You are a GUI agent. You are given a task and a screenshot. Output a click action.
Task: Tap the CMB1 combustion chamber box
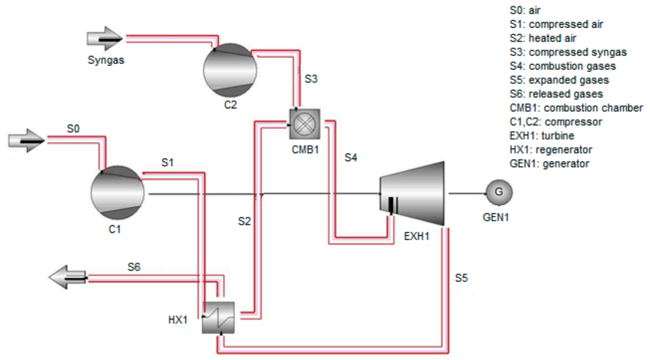pyautogui.click(x=304, y=123)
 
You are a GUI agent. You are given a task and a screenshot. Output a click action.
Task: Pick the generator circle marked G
pyautogui.click(x=498, y=192)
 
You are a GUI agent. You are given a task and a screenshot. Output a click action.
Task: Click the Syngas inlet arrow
pyautogui.click(x=104, y=39)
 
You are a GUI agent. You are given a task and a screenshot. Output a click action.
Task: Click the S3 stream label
pyautogui.click(x=311, y=79)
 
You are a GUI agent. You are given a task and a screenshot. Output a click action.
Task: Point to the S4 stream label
pyautogui.click(x=350, y=158)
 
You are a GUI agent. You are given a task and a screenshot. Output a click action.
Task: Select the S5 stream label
pyautogui.click(x=462, y=277)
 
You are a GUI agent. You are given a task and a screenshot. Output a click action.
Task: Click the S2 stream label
pyautogui.click(x=244, y=221)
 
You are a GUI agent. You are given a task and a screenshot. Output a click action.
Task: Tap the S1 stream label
pyautogui.click(x=168, y=162)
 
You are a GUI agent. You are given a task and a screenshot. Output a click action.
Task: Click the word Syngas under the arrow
pyautogui.click(x=105, y=61)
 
